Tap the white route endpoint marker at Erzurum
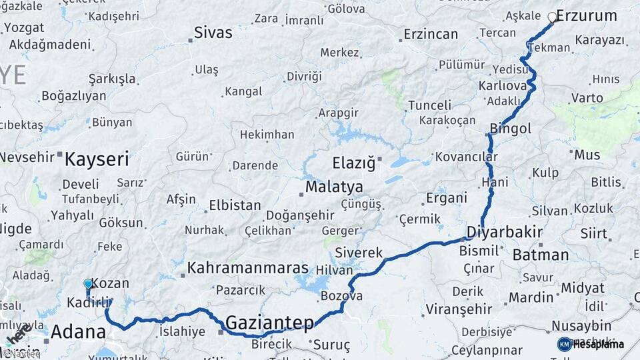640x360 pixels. pyautogui.click(x=553, y=17)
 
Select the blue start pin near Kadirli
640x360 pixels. pyautogui.click(x=88, y=285)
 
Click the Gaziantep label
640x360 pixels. pyautogui.click(x=269, y=323)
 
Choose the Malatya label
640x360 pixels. pyautogui.click(x=334, y=187)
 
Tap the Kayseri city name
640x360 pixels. pyautogui.click(x=97, y=159)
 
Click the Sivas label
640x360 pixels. pyautogui.click(x=213, y=32)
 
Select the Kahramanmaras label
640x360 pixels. pyautogui.click(x=248, y=268)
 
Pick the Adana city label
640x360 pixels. pyautogui.click(x=78, y=331)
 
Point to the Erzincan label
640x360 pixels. pyautogui.click(x=431, y=34)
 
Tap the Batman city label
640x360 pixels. pyautogui.click(x=541, y=255)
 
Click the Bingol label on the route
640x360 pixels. pyautogui.click(x=510, y=128)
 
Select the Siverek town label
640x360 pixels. pyautogui.click(x=359, y=253)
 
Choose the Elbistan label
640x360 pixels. pyautogui.click(x=235, y=205)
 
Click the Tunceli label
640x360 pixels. pyautogui.click(x=429, y=105)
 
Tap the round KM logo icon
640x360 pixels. pyautogui.click(x=565, y=344)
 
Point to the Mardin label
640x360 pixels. pyautogui.click(x=531, y=297)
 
